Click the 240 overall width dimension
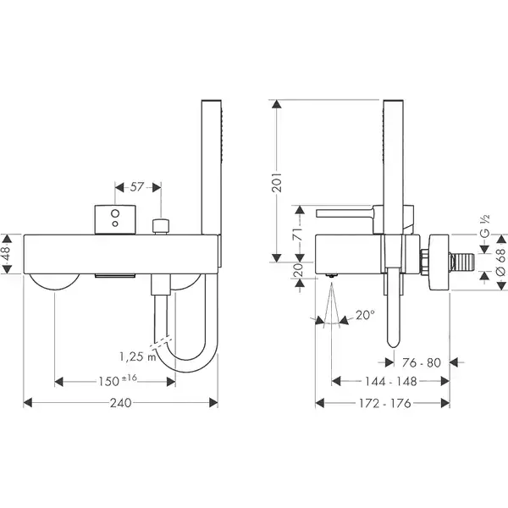(x=121, y=403)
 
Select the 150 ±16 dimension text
(x=118, y=381)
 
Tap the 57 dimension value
(x=136, y=186)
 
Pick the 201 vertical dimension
(x=277, y=183)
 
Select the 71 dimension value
(x=298, y=234)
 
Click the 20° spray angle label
(x=365, y=315)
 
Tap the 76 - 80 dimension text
(x=421, y=362)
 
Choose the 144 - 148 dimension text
(x=390, y=381)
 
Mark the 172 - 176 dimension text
(x=385, y=403)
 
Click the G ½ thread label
(x=484, y=226)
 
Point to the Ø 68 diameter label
(x=501, y=262)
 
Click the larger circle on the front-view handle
(x=115, y=213)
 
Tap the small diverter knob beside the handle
(x=161, y=226)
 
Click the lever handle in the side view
(x=345, y=213)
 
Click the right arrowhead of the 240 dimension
(x=213, y=403)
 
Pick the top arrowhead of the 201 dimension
(x=277, y=104)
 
